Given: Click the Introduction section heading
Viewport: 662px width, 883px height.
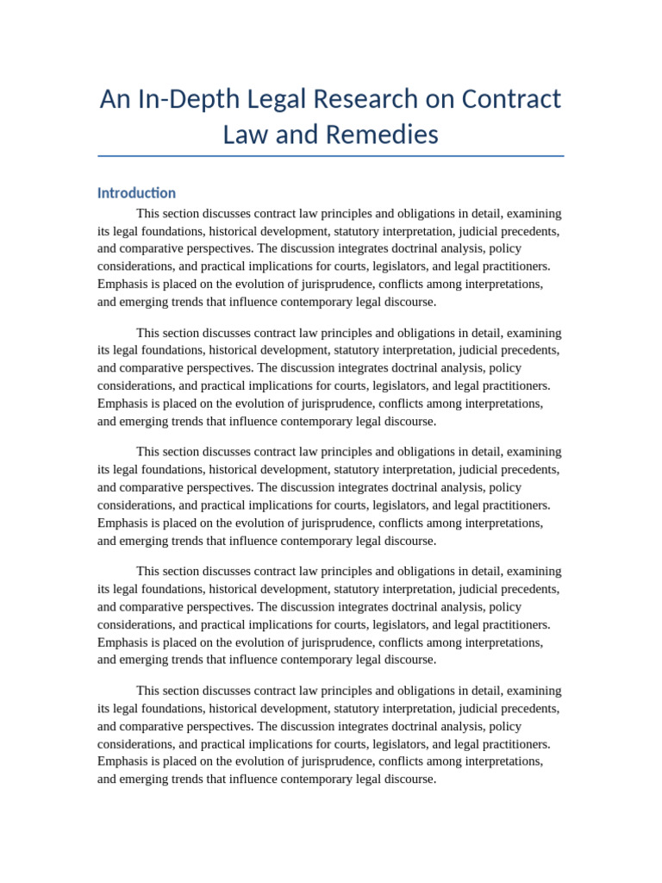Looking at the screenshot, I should (136, 193).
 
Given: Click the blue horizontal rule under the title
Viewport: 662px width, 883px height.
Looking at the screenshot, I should (331, 156).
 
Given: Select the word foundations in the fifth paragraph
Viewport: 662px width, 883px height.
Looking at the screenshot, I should (170, 708).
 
